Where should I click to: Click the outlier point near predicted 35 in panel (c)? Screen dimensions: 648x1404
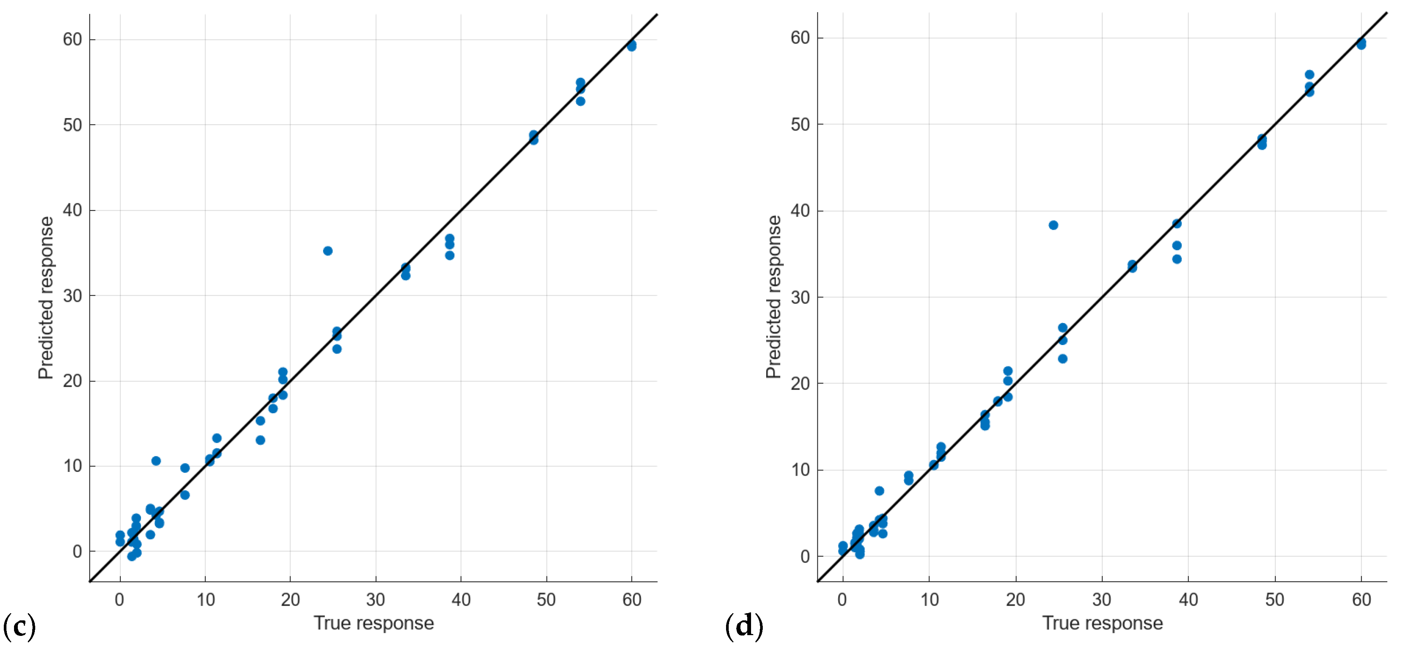(328, 251)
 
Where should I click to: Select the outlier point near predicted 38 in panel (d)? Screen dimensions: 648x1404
(1053, 225)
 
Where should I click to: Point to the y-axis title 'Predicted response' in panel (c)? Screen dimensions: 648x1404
(46, 298)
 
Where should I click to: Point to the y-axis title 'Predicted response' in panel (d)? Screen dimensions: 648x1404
(773, 297)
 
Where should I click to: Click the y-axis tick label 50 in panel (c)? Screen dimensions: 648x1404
(72, 125)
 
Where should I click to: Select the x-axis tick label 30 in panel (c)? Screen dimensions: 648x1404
(376, 600)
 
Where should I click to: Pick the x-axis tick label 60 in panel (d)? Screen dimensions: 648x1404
(1361, 600)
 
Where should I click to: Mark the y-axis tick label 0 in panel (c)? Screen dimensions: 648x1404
(77, 551)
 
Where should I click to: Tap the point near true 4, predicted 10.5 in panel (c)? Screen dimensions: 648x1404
(156, 461)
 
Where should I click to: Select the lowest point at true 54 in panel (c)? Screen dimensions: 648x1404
(581, 101)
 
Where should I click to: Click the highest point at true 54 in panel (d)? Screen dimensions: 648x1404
(1309, 75)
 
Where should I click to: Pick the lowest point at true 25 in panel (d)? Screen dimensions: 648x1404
(1062, 359)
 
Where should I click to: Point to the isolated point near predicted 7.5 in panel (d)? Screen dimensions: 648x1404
(879, 491)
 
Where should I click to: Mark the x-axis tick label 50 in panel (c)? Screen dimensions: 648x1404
(546, 600)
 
